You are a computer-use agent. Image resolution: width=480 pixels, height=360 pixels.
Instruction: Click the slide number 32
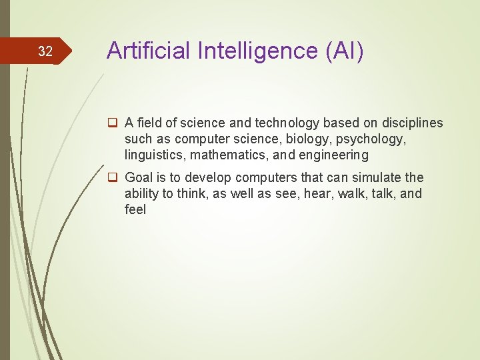45,51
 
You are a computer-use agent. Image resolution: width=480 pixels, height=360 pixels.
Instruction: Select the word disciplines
412,123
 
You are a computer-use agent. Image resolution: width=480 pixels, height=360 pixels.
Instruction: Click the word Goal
139,178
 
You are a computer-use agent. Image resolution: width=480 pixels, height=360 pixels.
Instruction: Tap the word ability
139,194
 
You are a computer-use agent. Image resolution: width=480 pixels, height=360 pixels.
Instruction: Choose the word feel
135,210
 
